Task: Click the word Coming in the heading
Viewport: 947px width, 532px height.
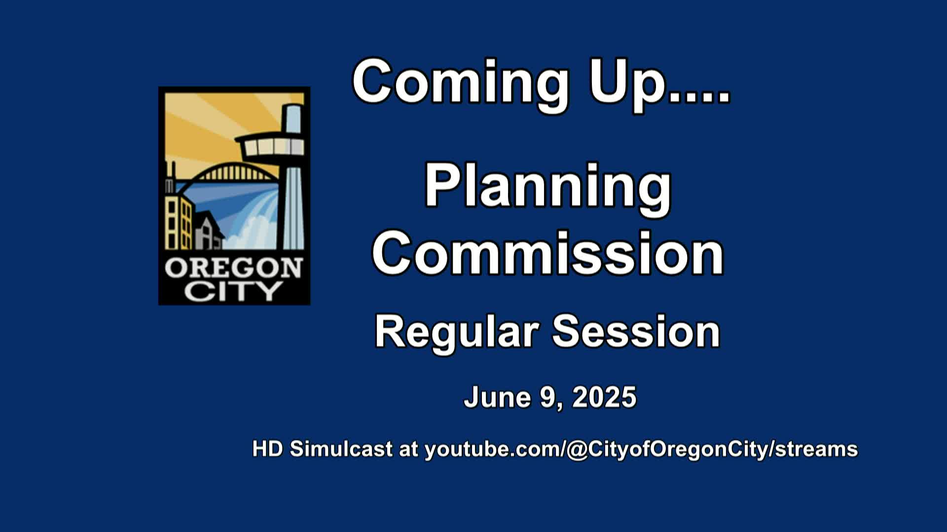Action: tap(461, 84)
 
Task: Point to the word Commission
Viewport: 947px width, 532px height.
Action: tap(548, 254)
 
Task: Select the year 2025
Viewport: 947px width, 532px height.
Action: tap(604, 397)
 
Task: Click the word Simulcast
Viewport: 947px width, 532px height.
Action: tap(341, 449)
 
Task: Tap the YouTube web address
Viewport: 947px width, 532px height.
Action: tap(641, 449)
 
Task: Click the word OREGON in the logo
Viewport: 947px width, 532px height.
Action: tap(233, 269)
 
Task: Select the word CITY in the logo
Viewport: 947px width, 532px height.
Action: tap(233, 291)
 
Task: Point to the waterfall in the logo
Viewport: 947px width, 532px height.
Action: tap(256, 222)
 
